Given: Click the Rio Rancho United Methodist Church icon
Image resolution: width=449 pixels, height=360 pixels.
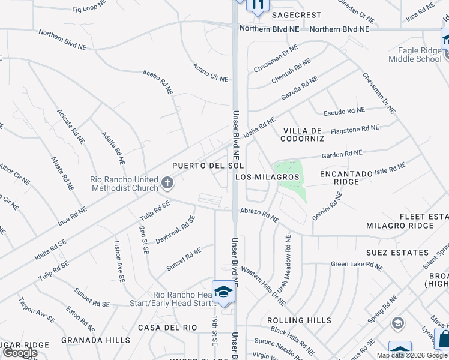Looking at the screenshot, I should [167, 182].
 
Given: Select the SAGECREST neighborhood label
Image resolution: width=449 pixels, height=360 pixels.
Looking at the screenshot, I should [297, 15].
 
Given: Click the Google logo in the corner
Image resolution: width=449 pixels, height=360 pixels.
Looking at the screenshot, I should [20, 353].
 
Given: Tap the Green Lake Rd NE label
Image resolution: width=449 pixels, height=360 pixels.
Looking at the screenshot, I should [357, 264].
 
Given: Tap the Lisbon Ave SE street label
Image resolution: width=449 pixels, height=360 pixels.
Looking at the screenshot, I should [119, 262].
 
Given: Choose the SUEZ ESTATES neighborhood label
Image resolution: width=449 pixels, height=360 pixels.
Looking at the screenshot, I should [400, 253].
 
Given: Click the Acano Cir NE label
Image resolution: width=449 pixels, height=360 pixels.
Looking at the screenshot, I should [210, 72].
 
